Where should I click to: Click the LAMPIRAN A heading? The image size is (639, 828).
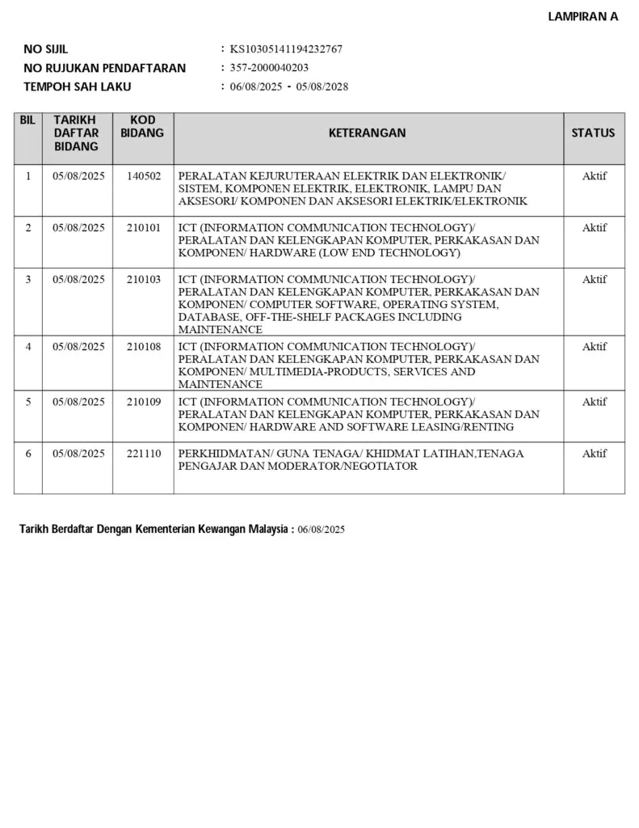coord(582,16)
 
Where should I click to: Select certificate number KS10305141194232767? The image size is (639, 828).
coord(286,49)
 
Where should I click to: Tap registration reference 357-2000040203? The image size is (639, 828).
coord(269,68)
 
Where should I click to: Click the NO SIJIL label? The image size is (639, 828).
coord(46,49)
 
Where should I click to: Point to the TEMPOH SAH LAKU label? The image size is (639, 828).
coord(78,87)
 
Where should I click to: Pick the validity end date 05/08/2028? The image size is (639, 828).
coord(322,87)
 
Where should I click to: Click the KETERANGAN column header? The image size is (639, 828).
coord(368,133)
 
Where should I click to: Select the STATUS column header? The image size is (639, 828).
coord(593,133)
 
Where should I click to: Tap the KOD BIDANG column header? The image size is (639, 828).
coord(142,126)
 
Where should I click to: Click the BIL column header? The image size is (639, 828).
coord(27,120)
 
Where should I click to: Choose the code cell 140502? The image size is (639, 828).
coord(144,175)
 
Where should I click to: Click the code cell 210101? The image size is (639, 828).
coord(144,227)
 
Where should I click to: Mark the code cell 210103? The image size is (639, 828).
coord(144,279)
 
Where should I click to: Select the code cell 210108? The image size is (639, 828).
coord(144,346)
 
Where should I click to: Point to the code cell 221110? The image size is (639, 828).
coord(144,454)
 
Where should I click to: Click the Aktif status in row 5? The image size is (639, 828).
coord(594,402)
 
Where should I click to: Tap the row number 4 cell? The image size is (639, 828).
coord(28,346)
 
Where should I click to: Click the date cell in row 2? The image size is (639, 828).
coord(78,227)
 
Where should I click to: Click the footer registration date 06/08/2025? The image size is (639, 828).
coord(321,530)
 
